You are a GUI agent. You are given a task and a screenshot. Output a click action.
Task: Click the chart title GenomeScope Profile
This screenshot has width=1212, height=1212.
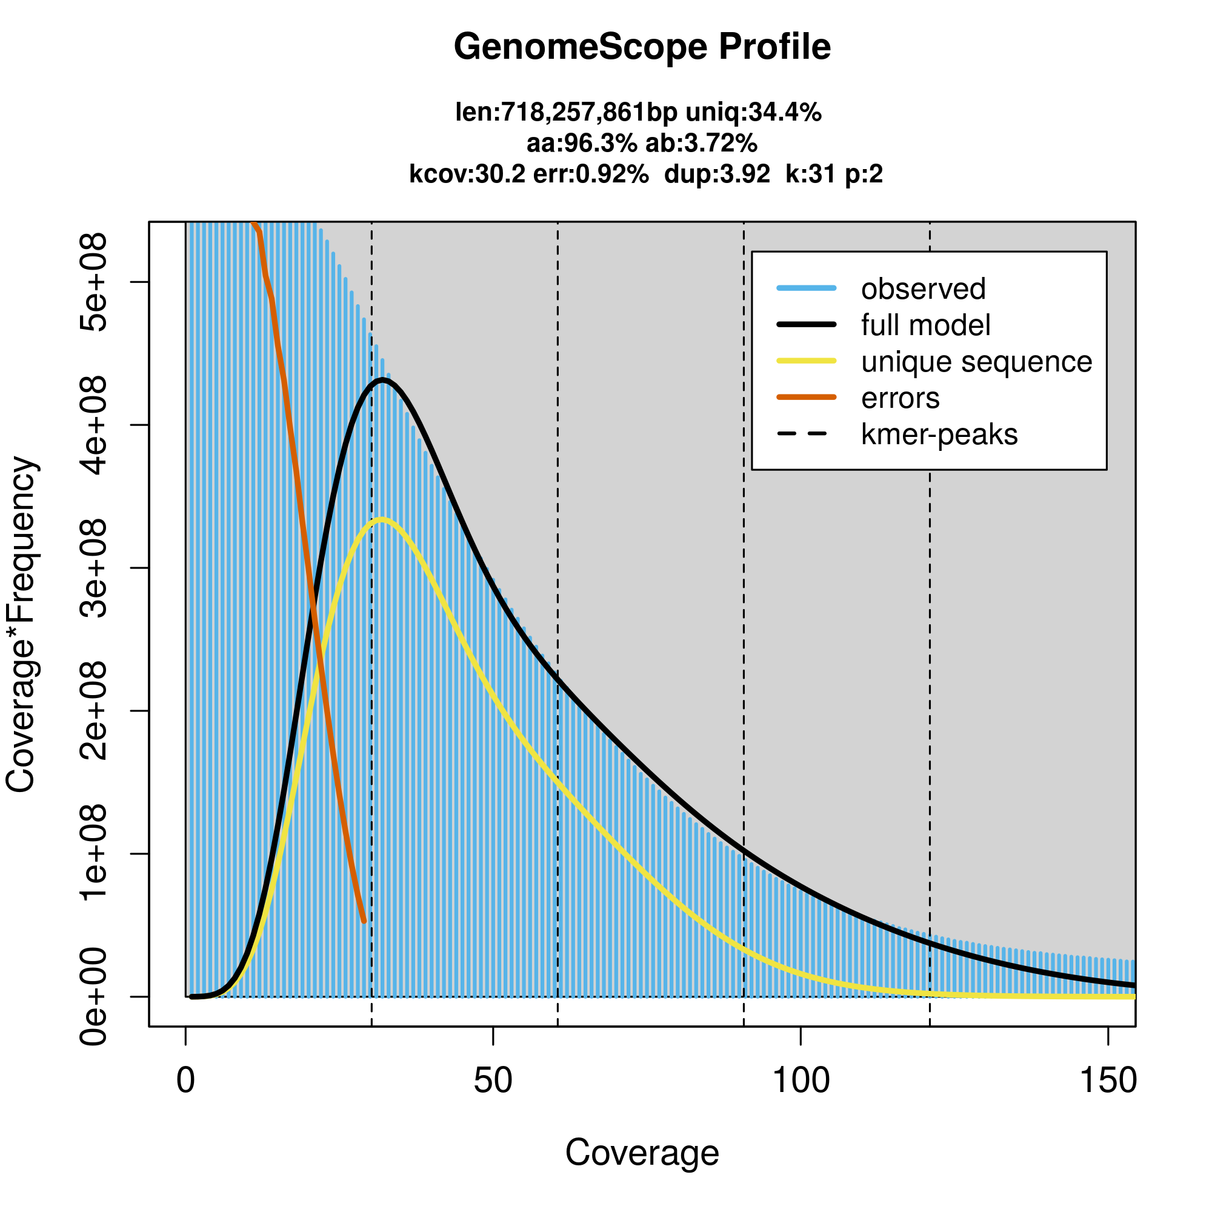point(642,47)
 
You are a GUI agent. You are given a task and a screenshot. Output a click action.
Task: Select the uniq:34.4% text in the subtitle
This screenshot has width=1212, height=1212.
point(753,113)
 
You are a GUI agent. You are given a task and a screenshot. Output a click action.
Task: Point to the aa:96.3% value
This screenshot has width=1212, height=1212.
point(582,144)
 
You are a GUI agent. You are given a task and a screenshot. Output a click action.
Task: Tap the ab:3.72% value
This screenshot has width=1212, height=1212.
point(701,144)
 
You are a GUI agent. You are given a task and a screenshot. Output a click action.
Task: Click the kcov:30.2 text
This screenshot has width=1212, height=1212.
point(467,174)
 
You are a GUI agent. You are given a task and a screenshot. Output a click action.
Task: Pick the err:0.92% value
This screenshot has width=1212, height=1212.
point(590,174)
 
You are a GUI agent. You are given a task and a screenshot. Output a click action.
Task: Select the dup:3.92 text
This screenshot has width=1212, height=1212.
point(716,174)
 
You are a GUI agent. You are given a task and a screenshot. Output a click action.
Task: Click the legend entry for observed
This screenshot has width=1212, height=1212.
point(923,289)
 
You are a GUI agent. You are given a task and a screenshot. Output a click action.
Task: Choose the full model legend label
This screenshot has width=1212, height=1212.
point(925,325)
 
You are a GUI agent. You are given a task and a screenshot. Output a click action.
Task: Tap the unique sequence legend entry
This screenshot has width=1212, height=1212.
point(976,362)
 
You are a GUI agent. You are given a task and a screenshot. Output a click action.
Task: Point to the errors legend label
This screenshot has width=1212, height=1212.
point(901,398)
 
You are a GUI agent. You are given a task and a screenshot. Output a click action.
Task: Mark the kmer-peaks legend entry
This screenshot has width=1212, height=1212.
point(939,435)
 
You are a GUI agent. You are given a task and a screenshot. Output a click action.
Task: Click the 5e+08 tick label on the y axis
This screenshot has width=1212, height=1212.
point(93,282)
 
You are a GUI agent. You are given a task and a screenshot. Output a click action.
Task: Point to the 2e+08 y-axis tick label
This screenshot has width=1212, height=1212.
point(93,711)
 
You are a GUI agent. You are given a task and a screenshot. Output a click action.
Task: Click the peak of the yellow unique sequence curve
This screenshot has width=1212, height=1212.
point(381,519)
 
